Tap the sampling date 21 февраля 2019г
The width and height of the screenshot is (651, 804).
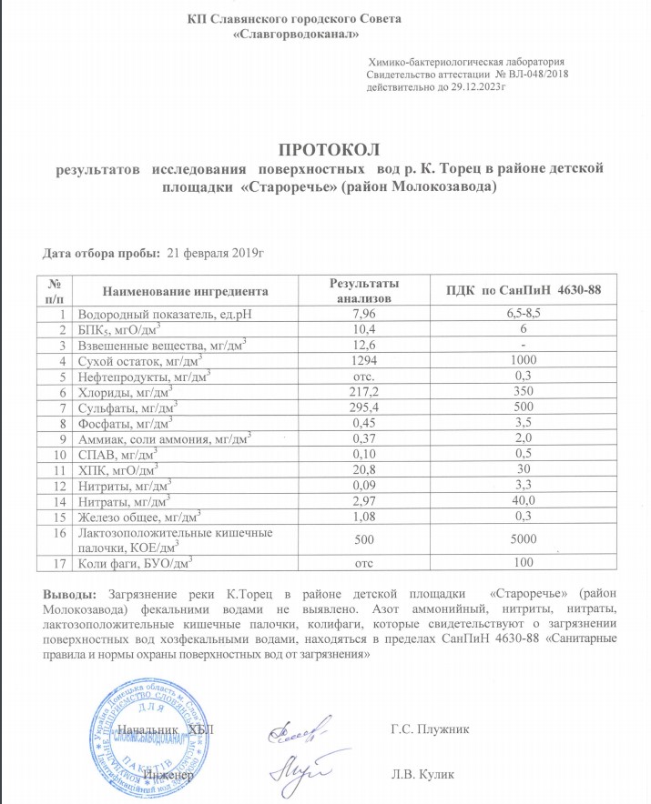211,252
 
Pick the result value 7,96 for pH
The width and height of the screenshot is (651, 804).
363,313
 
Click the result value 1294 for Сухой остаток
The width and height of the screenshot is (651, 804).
363,359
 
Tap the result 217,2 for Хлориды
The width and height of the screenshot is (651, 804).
363,390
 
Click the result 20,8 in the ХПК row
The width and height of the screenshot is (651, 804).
363,467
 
